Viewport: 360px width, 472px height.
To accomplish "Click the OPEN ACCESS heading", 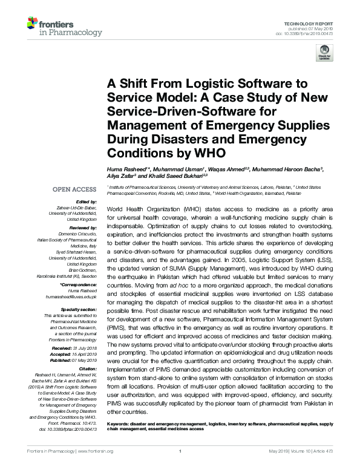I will (x=74, y=189).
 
